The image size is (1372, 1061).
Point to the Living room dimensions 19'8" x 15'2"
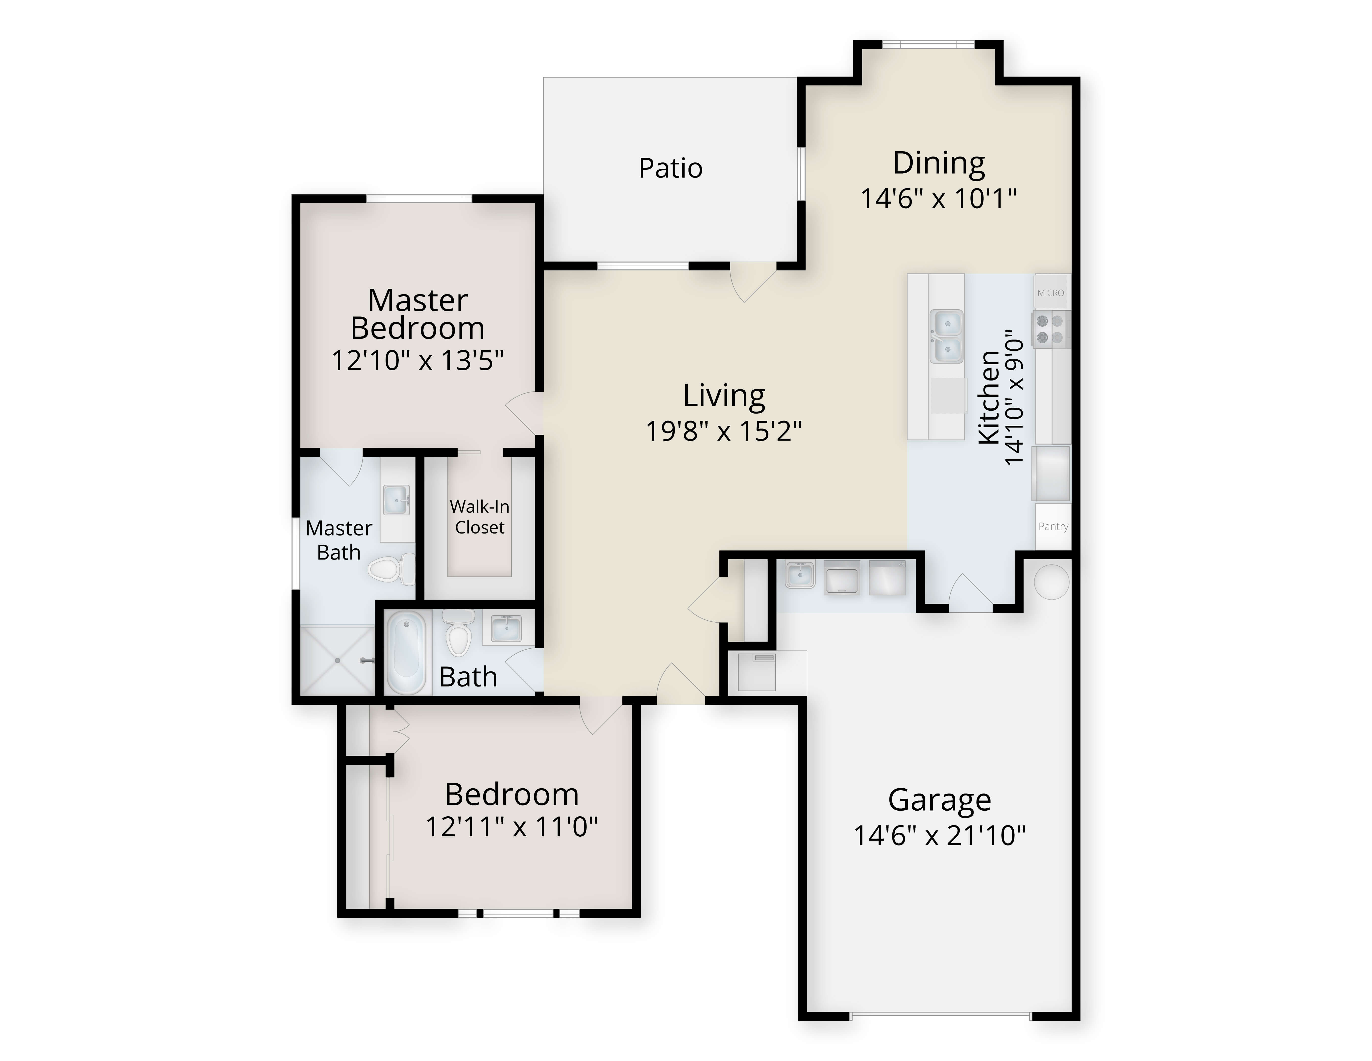coord(724,431)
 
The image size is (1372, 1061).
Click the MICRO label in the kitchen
coord(1051,293)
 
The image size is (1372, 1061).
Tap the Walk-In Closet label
coord(479,517)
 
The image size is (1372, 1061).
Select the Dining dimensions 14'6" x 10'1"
coord(938,199)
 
